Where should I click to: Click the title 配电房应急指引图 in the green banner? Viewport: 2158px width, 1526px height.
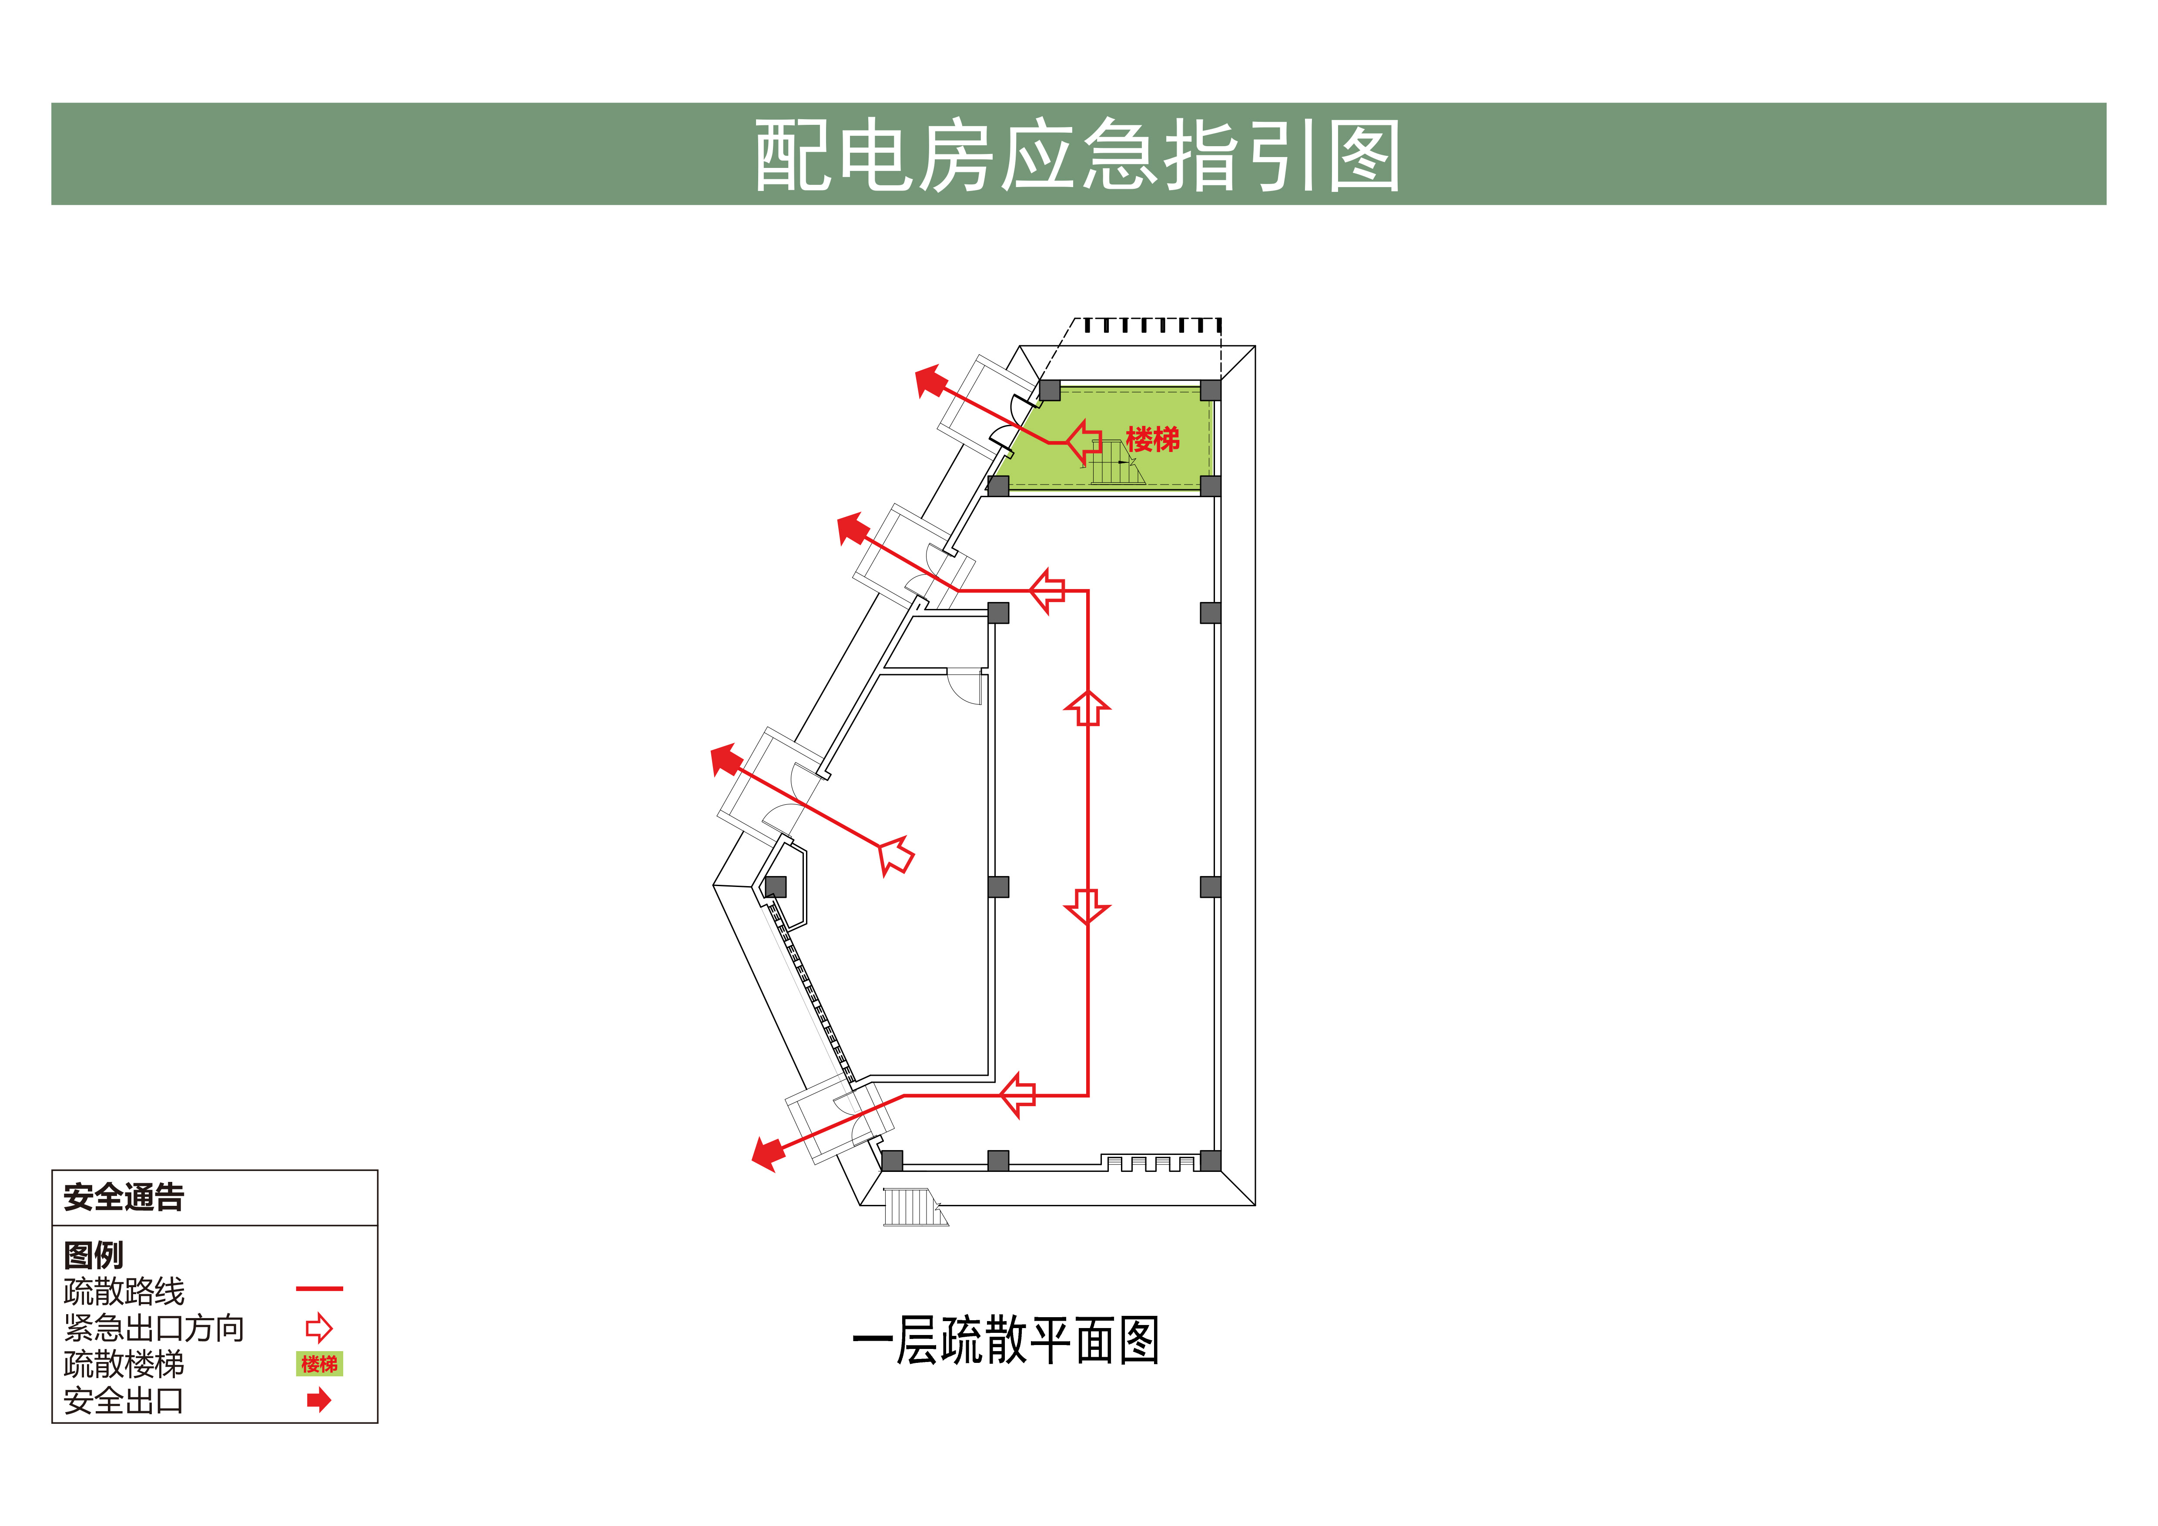coord(1078,155)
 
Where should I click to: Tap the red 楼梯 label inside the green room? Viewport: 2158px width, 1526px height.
coord(1152,439)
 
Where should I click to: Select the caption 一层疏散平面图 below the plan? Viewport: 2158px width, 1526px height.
coord(1006,1340)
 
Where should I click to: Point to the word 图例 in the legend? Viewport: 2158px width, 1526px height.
coord(93,1255)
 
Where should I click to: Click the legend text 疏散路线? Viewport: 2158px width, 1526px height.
coord(124,1291)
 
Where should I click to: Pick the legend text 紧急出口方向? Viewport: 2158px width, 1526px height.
coord(154,1328)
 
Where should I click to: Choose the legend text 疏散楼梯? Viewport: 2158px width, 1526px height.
coord(124,1363)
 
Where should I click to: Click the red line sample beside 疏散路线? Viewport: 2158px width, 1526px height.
coord(320,1288)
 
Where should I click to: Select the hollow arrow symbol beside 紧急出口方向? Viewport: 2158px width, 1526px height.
coord(320,1328)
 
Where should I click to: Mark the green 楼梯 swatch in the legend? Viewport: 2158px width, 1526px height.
coord(320,1363)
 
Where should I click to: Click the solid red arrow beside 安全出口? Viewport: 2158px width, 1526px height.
coord(320,1400)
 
